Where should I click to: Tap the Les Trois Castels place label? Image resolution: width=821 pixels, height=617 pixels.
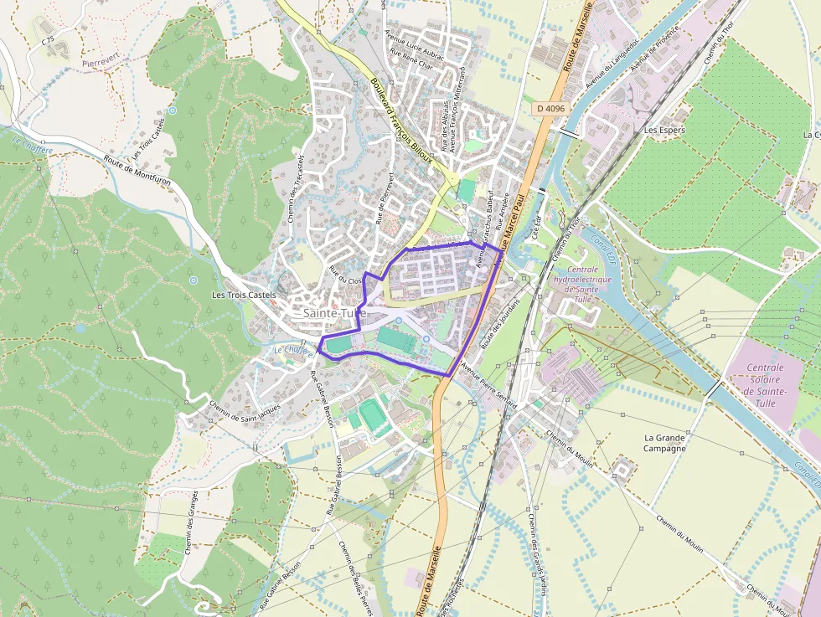(243, 295)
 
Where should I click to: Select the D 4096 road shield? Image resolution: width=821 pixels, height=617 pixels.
(551, 109)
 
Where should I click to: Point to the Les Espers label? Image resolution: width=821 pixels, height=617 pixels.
(664, 131)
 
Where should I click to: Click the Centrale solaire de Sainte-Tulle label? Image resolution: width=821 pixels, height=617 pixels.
(766, 385)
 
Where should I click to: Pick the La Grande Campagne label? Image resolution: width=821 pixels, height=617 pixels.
(665, 442)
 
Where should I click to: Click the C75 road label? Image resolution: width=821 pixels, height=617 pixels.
(47, 40)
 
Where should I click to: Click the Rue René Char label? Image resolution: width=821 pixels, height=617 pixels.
(413, 60)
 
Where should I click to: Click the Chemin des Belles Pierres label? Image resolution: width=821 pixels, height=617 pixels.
(354, 578)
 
